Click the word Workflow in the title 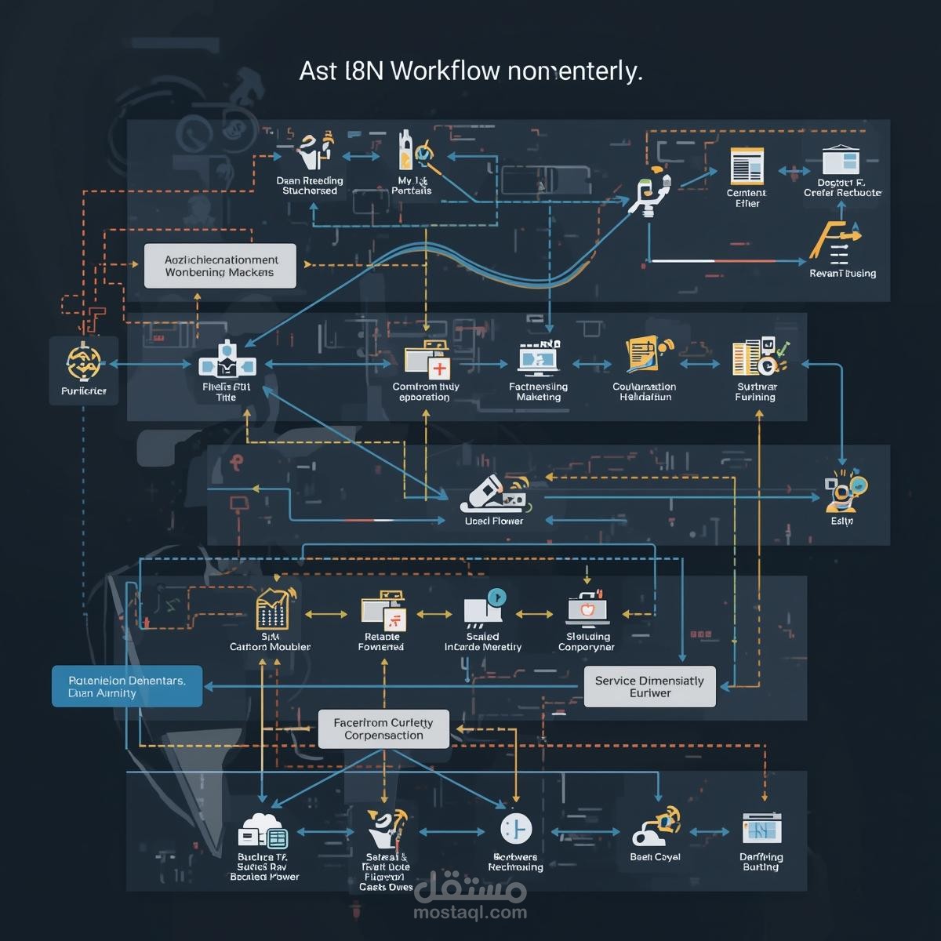click(444, 71)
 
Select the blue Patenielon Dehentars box click(127, 686)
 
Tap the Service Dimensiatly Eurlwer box click(649, 686)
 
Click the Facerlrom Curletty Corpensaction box click(383, 728)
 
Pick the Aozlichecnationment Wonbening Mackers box click(220, 266)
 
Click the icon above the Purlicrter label click(84, 362)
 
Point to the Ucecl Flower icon click(494, 493)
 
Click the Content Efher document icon click(747, 166)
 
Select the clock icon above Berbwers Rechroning click(515, 829)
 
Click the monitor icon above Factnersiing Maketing click(539, 359)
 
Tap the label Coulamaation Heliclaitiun click(645, 391)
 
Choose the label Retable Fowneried click(381, 641)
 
